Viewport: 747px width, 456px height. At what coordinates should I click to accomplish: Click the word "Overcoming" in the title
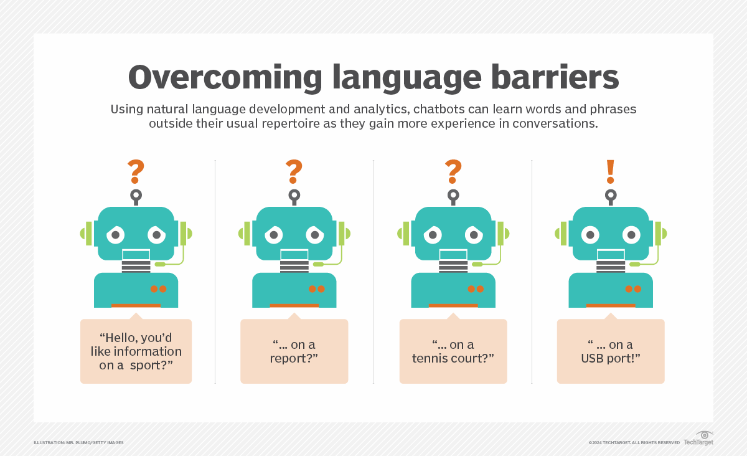(225, 78)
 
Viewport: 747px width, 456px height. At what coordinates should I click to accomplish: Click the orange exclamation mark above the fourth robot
(611, 171)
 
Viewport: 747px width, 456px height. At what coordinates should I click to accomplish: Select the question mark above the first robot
(136, 171)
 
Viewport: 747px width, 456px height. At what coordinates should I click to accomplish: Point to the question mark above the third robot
(453, 171)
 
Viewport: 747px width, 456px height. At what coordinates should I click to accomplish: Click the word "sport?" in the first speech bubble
(151, 365)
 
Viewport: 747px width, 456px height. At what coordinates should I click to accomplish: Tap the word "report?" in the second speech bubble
(294, 358)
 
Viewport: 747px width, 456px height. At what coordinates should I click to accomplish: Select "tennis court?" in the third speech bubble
(453, 358)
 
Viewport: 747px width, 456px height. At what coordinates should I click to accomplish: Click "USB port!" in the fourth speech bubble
(611, 358)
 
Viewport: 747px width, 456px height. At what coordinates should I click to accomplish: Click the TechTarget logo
(698, 439)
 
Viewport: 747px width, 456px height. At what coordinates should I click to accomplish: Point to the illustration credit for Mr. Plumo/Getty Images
(78, 443)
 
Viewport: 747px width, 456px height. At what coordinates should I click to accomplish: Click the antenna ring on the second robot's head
(294, 194)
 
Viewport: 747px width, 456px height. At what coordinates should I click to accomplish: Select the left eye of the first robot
(115, 235)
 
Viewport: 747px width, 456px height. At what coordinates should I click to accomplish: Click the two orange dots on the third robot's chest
(476, 289)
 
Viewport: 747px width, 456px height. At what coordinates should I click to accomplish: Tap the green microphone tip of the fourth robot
(634, 264)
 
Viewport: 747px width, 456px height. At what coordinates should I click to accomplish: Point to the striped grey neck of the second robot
(294, 267)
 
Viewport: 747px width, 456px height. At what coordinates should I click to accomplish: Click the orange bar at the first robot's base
(136, 305)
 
